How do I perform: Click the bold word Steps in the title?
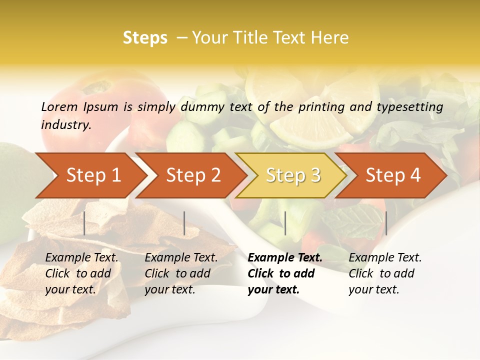[145, 38]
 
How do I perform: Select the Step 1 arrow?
[90, 175]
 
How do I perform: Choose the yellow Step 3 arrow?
[292, 175]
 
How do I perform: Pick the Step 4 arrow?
[392, 175]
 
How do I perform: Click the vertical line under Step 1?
[84, 223]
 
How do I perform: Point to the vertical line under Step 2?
[184, 223]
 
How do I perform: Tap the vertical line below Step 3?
[285, 223]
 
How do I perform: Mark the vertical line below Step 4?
[386, 223]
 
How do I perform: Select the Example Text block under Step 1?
[81, 273]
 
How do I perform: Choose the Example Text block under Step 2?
[181, 273]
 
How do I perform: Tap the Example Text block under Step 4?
[385, 273]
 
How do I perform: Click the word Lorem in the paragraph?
[59, 106]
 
